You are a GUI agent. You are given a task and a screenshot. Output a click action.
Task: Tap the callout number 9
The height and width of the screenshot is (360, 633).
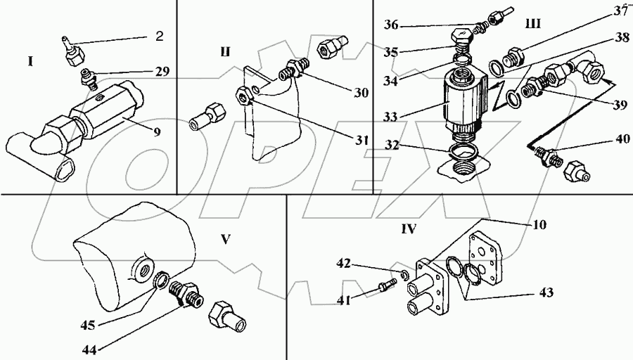pyautogui.click(x=157, y=131)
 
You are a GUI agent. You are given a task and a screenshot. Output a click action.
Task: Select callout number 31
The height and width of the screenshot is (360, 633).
pyautogui.click(x=362, y=140)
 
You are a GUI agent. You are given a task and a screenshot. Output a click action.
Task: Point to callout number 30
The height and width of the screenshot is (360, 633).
pyautogui.click(x=362, y=92)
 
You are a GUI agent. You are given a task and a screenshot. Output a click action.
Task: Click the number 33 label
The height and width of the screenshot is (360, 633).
pyautogui.click(x=390, y=117)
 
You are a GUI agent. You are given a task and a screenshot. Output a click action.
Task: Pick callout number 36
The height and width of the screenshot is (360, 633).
pyautogui.click(x=390, y=25)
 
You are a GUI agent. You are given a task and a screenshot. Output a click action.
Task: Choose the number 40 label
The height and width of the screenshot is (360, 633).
pyautogui.click(x=623, y=139)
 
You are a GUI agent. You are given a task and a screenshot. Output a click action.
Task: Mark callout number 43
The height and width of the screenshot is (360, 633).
pyautogui.click(x=544, y=292)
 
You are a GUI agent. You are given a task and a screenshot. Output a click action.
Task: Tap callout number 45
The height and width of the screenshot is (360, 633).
pyautogui.click(x=88, y=325)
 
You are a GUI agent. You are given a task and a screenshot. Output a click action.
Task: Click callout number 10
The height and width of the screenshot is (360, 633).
pyautogui.click(x=539, y=224)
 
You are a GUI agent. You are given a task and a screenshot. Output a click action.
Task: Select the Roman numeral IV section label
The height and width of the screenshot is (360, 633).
pyautogui.click(x=409, y=229)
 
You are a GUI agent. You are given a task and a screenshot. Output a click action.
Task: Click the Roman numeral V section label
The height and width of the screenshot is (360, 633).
pyautogui.click(x=226, y=239)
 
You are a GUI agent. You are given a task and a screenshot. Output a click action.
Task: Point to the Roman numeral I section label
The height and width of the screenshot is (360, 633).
pyautogui.click(x=30, y=62)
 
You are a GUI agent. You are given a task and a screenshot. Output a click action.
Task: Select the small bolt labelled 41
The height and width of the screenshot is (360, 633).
pyautogui.click(x=387, y=285)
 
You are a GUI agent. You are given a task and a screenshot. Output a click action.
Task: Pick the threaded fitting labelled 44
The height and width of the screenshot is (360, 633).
pyautogui.click(x=186, y=296)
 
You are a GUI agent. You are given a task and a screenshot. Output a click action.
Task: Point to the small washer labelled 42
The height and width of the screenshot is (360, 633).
pyautogui.click(x=405, y=274)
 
